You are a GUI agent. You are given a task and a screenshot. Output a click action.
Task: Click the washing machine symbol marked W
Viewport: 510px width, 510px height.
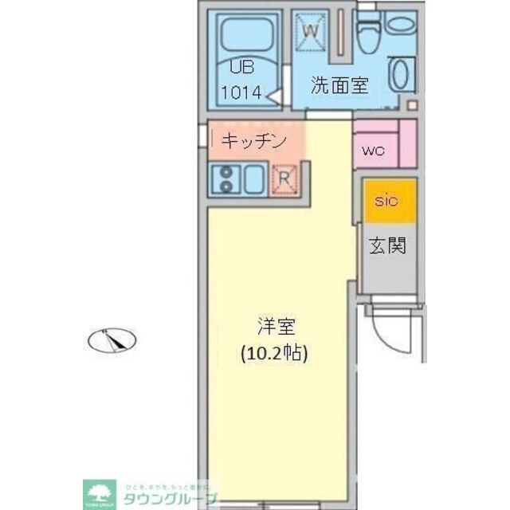(313, 31)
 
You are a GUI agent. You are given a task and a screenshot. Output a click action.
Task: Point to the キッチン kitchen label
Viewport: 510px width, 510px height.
(253, 141)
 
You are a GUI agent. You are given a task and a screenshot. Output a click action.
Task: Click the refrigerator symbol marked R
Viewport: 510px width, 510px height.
(284, 179)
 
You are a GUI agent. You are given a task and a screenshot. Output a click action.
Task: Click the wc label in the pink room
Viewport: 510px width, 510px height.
(372, 150)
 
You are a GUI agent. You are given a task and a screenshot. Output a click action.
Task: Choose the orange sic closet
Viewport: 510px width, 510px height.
(389, 200)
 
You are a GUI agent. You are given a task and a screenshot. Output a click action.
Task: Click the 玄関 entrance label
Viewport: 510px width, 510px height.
(387, 245)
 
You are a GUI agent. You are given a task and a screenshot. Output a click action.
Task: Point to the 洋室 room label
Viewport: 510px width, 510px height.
(276, 326)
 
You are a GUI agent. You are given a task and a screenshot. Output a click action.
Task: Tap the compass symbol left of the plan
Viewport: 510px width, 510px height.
(112, 340)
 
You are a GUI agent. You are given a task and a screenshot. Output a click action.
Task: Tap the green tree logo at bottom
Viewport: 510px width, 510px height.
(100, 492)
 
